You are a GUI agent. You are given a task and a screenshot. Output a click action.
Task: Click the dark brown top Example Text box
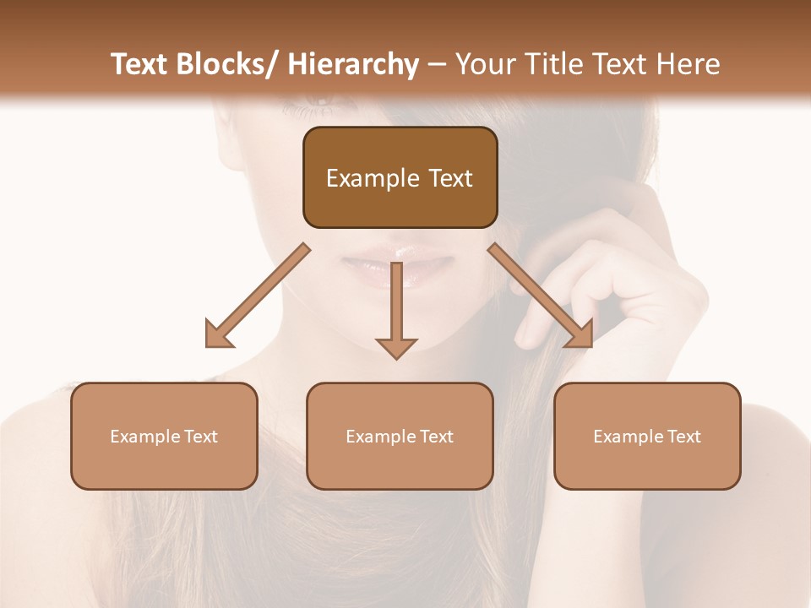[x=400, y=177]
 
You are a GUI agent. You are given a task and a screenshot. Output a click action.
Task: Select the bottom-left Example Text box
[x=164, y=436]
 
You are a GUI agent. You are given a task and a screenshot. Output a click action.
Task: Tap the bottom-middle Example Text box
[x=400, y=436]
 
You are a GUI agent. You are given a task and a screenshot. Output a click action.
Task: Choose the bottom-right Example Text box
[x=647, y=436]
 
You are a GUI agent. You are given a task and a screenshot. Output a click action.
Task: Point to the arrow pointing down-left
[x=258, y=296]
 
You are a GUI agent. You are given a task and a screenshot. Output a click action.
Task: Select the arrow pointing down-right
[x=540, y=296]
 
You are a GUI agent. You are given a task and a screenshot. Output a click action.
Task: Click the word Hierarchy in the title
[x=353, y=64]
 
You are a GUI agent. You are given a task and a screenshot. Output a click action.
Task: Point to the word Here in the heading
[x=690, y=64]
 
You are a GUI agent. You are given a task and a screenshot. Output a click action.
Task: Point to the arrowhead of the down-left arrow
[x=219, y=335]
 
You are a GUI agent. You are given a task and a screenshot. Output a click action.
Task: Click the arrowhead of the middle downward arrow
[x=396, y=347]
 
